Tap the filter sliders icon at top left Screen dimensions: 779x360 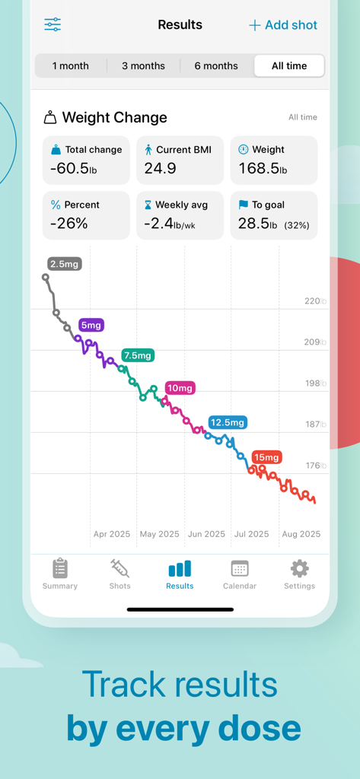(x=53, y=24)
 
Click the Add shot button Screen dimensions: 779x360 (x=283, y=25)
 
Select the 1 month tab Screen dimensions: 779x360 (x=70, y=66)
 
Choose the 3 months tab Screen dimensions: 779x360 (x=143, y=66)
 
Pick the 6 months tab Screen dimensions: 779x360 (x=216, y=66)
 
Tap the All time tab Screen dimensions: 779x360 (x=289, y=66)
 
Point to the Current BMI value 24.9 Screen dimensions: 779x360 (x=161, y=169)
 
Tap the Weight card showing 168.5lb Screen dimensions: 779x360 (x=273, y=161)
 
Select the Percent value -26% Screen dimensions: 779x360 (x=68, y=224)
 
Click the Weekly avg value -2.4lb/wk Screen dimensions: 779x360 (x=170, y=224)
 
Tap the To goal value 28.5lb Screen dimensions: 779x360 (x=258, y=224)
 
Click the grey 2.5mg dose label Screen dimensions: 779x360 (x=64, y=264)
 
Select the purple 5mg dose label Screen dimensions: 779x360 (x=91, y=325)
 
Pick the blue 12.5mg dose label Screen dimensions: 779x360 (x=228, y=422)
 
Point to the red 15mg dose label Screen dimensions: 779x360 (x=266, y=457)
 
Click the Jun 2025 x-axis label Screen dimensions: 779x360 (x=206, y=534)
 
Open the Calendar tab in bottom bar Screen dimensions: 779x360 (x=240, y=574)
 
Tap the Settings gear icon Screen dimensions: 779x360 (x=299, y=568)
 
